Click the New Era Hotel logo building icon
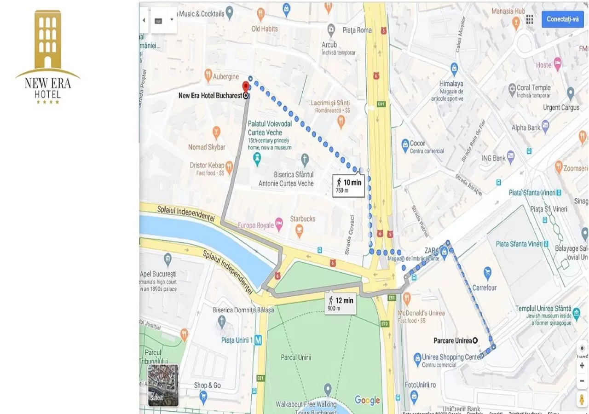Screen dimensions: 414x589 pyautogui.click(x=48, y=39)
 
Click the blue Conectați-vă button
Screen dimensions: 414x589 pyautogui.click(x=562, y=19)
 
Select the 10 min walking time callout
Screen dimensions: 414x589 pyautogui.click(x=348, y=185)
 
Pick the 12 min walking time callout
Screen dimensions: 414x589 pyautogui.click(x=341, y=303)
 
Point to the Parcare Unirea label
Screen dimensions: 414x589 pyautogui.click(x=453, y=341)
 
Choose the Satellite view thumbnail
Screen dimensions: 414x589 pyautogui.click(x=163, y=385)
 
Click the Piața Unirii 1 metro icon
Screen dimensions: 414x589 pyautogui.click(x=259, y=341)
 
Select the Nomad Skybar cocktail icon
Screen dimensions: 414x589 pyautogui.click(x=216, y=132)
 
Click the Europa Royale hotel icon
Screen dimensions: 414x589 pyautogui.click(x=279, y=225)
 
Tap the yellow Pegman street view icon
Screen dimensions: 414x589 pyautogui.click(x=582, y=398)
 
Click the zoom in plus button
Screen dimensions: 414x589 pyautogui.click(x=582, y=365)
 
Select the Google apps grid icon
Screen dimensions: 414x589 pyautogui.click(x=530, y=19)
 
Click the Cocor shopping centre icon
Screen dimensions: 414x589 pyautogui.click(x=405, y=145)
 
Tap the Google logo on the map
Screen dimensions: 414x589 pyautogui.click(x=367, y=400)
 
